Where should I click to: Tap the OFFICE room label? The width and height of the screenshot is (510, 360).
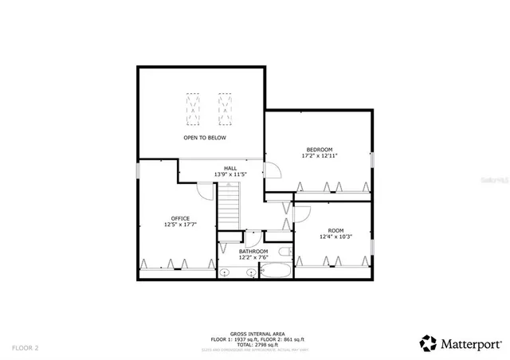click(180, 218)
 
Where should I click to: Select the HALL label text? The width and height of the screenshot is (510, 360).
click(230, 168)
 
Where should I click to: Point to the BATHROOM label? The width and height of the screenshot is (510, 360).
click(253, 251)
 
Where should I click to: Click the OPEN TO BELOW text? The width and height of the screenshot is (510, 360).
click(205, 138)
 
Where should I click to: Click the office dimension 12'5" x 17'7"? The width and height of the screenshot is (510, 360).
click(180, 225)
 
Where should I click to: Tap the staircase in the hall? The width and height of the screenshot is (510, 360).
click(229, 205)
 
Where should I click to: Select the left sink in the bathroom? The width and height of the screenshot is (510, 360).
click(226, 272)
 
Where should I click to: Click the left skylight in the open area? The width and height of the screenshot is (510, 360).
click(194, 109)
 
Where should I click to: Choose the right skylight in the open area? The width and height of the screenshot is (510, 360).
click(226, 109)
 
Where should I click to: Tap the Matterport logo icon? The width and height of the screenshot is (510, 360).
click(429, 343)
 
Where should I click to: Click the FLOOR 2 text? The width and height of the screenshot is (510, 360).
click(25, 347)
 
